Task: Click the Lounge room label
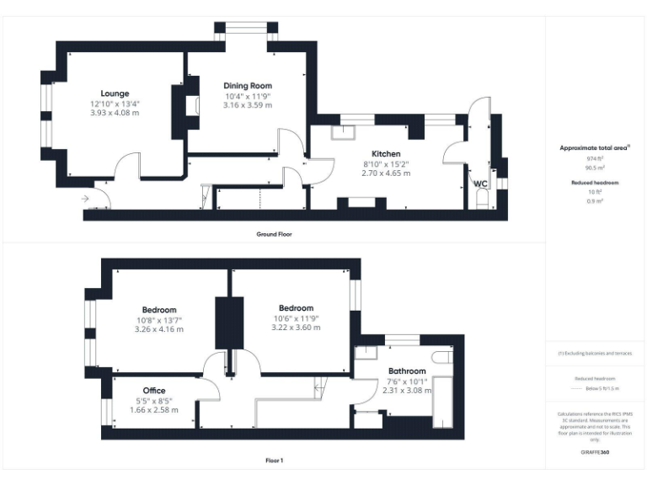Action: tap(115, 93)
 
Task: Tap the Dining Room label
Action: tap(248, 86)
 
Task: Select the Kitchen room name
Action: tap(386, 154)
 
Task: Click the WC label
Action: tap(480, 184)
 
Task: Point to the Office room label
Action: tap(153, 390)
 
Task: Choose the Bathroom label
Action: tap(407, 371)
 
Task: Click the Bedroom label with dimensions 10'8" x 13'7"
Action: tap(159, 309)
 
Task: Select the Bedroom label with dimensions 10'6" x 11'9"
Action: tap(293, 308)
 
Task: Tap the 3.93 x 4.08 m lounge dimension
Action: tap(115, 113)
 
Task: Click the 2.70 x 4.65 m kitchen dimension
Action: tap(386, 173)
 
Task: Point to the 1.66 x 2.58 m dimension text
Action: tap(153, 409)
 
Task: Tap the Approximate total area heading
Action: tap(595, 147)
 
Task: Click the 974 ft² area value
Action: tap(595, 158)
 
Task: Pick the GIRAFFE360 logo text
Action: tap(595, 453)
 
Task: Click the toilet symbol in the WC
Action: tap(481, 200)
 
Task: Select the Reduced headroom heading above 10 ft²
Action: tap(595, 183)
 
